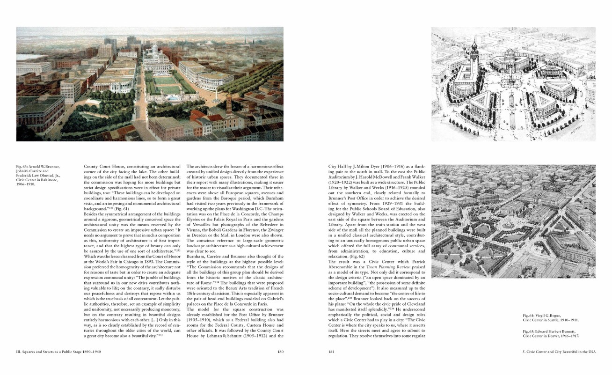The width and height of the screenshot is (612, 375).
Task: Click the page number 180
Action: coord(281,352)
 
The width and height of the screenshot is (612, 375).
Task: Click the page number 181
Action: coord(332,352)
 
